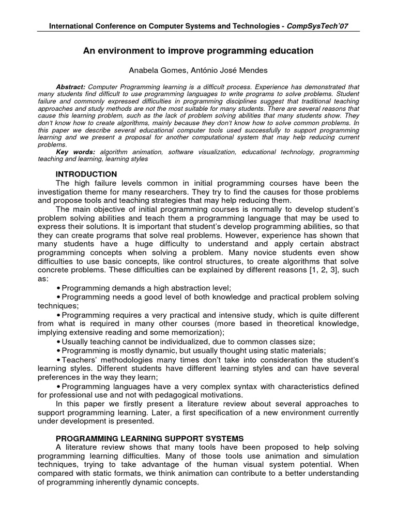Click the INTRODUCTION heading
coord(86,174)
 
